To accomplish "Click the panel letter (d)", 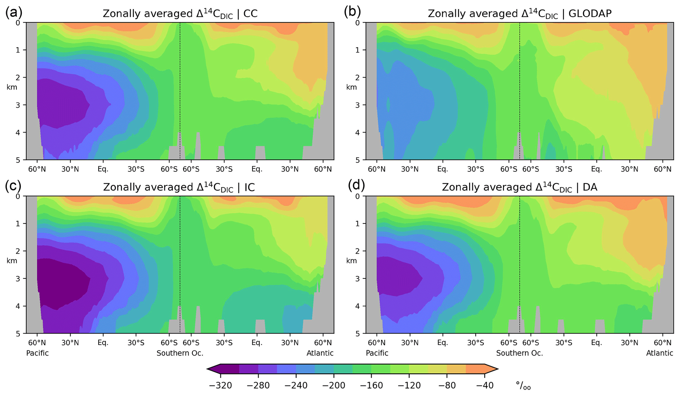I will pos(357,186).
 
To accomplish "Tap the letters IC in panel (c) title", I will pos(250,187).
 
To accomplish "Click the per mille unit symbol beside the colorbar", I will pos(523,386).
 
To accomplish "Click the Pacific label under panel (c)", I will pos(38,353).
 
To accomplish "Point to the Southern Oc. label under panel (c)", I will pos(180,353).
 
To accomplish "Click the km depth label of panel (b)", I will pos(351,87).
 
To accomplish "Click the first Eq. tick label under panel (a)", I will pos(103,169).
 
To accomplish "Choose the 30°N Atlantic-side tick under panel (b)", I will pos(629,169).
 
